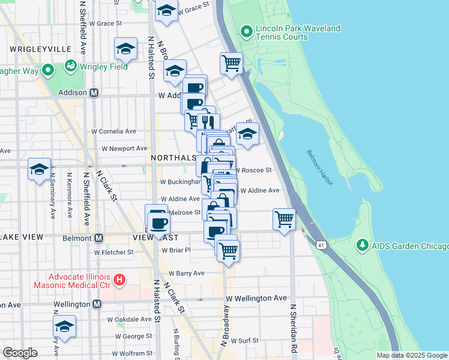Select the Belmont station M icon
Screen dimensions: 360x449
click(99, 238)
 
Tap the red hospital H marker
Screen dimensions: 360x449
click(119, 279)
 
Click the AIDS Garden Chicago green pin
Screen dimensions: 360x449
click(362, 246)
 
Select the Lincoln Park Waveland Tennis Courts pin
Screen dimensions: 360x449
click(245, 32)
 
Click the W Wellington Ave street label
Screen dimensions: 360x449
click(256, 298)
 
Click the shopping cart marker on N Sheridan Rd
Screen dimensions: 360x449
click(283, 219)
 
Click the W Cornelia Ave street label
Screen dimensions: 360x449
click(113, 131)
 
